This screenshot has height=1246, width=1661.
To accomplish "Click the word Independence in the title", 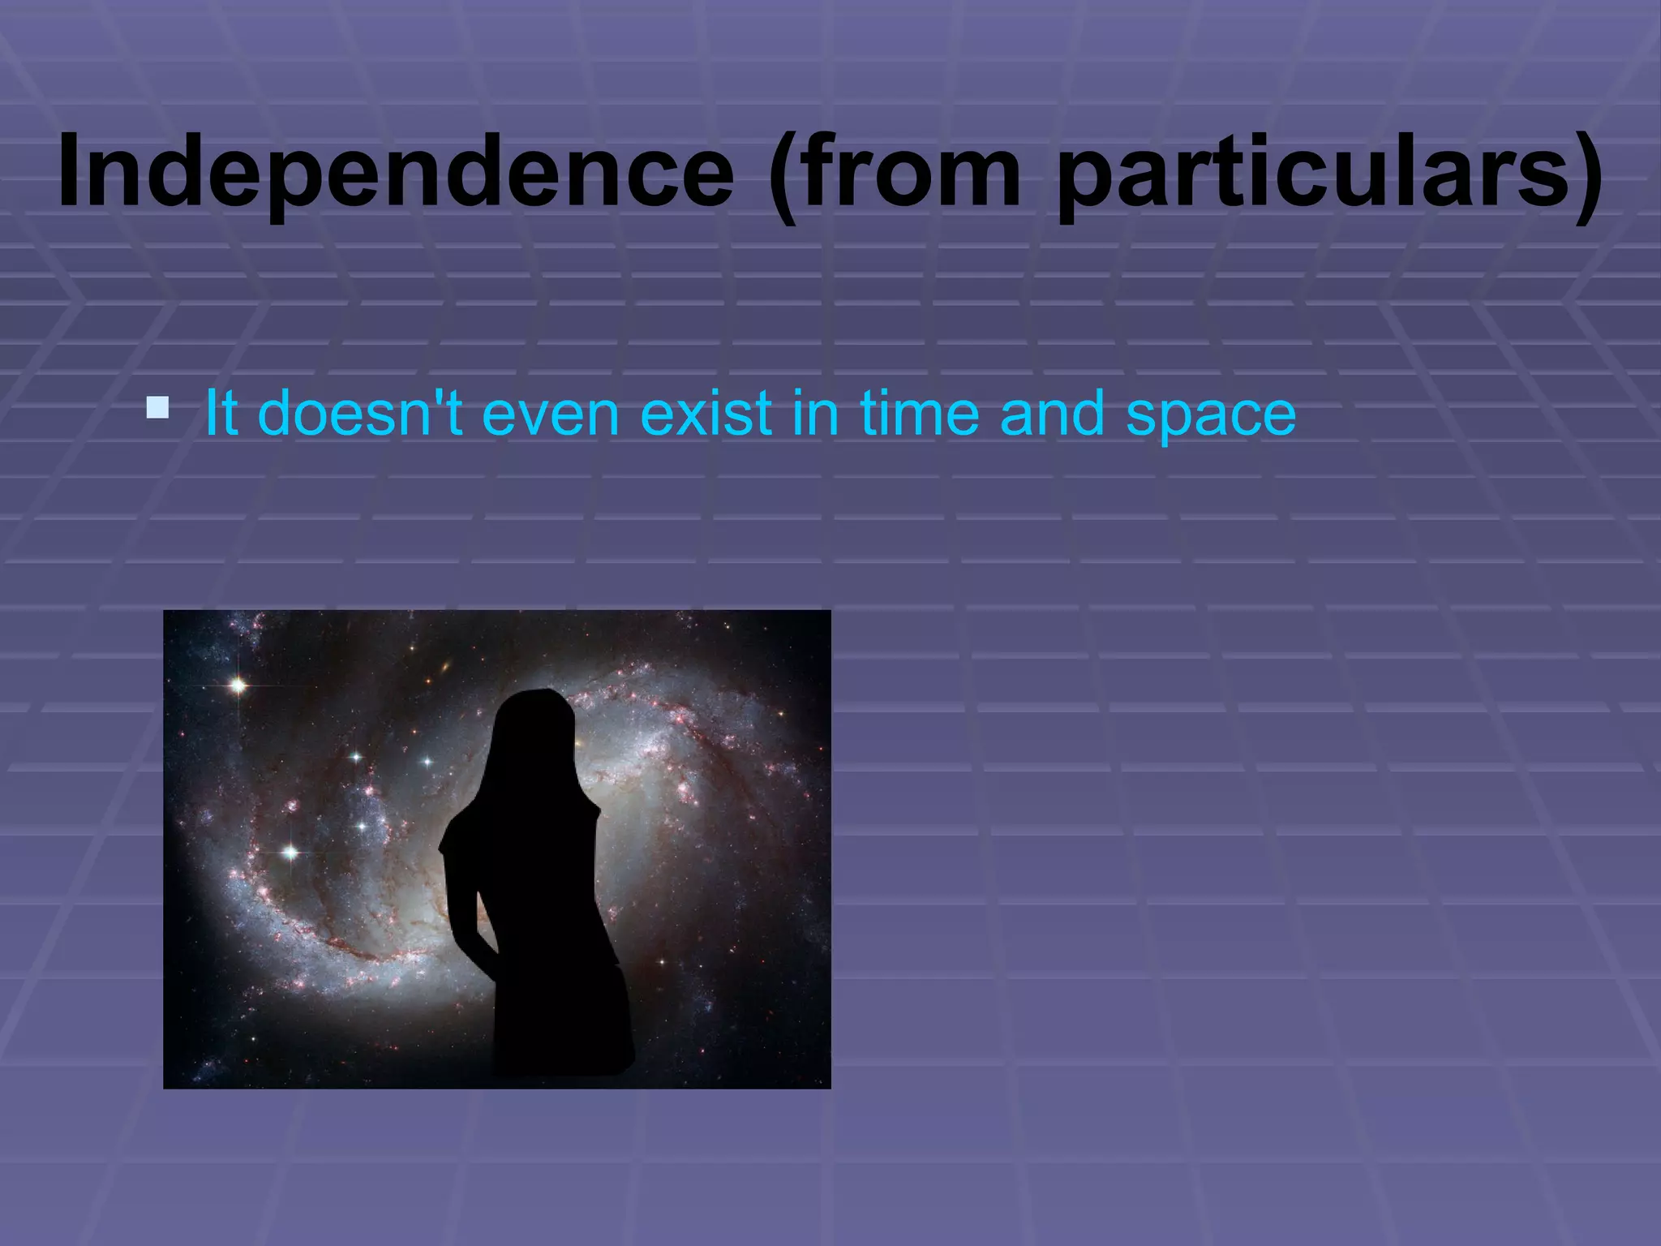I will (396, 172).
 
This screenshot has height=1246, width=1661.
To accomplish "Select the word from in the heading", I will (912, 172).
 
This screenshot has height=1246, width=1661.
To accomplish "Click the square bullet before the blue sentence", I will (157, 408).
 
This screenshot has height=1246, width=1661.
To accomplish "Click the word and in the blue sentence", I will (1052, 413).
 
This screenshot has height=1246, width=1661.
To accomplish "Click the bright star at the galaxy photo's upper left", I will (238, 685).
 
